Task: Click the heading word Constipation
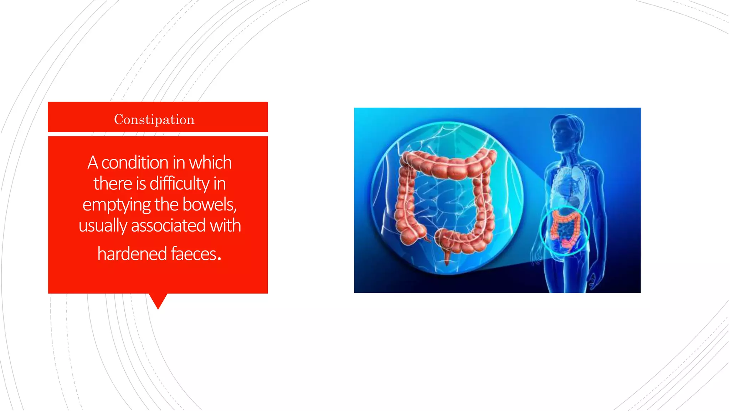(154, 120)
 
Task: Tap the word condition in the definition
(135, 163)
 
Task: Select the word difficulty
(179, 184)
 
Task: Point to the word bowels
(209, 204)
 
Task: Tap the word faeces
(194, 254)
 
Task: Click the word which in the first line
(210, 163)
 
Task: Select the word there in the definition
(113, 184)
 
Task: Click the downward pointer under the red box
(158, 301)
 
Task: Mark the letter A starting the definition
(93, 163)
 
